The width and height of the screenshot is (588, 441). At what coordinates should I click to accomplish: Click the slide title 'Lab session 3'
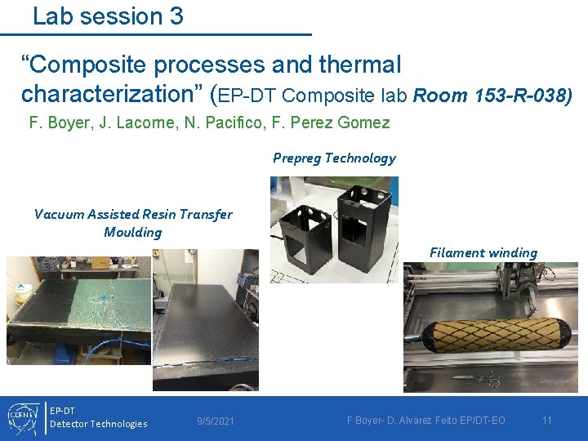(108, 16)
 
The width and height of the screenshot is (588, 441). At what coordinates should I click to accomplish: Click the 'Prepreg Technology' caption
(334, 158)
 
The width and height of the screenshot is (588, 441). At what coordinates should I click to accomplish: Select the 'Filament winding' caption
(483, 253)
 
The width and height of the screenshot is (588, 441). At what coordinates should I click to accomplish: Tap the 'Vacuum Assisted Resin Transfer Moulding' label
(133, 223)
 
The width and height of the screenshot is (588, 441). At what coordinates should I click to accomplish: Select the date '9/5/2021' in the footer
(216, 421)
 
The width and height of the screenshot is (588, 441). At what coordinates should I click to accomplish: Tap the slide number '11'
(547, 421)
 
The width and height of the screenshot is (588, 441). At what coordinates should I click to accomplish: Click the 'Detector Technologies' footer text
(99, 424)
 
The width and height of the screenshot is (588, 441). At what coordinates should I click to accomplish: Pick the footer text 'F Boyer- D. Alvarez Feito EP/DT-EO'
(426, 421)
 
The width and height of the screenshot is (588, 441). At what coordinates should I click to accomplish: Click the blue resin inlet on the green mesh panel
(105, 296)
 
